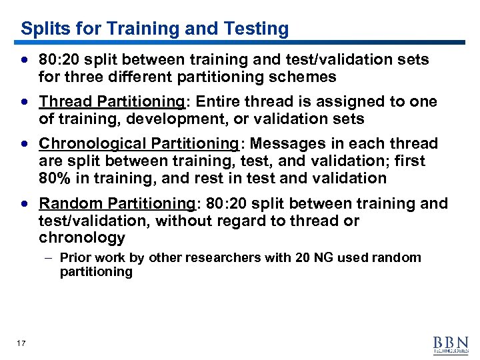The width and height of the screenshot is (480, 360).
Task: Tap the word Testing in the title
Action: point(256,29)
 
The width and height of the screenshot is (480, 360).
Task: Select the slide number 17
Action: point(21,343)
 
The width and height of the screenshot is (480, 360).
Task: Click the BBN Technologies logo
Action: point(451,343)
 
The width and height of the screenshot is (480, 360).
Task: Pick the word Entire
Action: point(218,102)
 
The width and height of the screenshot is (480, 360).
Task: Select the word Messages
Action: point(281,144)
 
